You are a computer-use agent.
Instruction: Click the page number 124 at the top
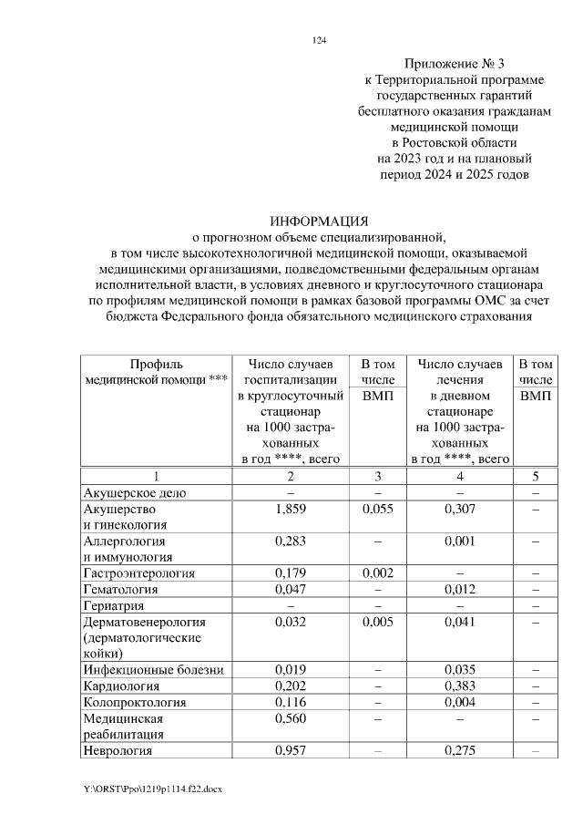point(319,40)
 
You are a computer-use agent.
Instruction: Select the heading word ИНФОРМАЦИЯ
point(319,222)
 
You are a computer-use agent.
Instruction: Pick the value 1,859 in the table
point(290,509)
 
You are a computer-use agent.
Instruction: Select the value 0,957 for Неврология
point(290,751)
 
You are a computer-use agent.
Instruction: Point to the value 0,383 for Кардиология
point(459,686)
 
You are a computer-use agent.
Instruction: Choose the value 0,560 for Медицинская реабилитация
point(290,718)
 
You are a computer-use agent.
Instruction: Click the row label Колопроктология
point(134,702)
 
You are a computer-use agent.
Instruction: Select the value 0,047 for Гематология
point(290,590)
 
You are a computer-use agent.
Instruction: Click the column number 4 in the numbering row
point(459,476)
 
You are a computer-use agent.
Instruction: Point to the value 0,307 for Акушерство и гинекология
point(459,509)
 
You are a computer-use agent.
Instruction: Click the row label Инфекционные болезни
point(152,670)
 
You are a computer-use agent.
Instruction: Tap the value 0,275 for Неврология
point(459,751)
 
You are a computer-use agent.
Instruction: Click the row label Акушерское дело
point(134,492)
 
